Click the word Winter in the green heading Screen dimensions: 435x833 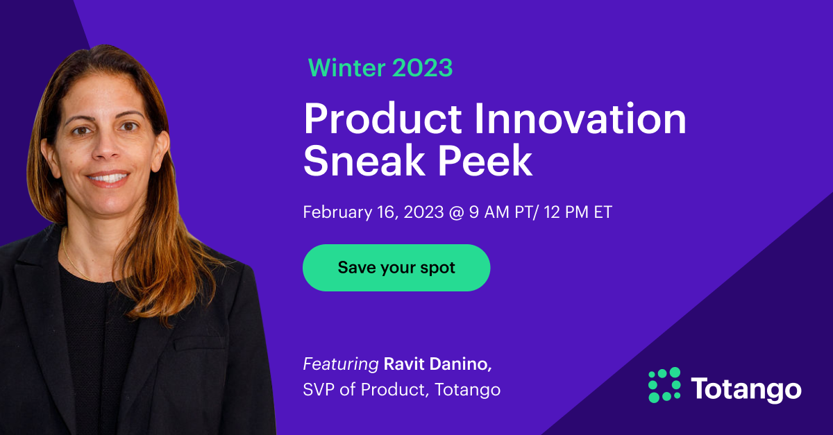coord(346,67)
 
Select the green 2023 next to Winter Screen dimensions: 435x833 coord(422,67)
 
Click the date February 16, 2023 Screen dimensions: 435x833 coord(373,212)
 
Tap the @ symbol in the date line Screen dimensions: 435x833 coord(456,212)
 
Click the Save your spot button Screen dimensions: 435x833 coord(396,268)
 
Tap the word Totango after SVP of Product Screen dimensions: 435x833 coord(467,390)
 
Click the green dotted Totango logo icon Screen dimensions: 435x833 coord(664,385)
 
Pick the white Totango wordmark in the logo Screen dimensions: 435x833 coord(746,389)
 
